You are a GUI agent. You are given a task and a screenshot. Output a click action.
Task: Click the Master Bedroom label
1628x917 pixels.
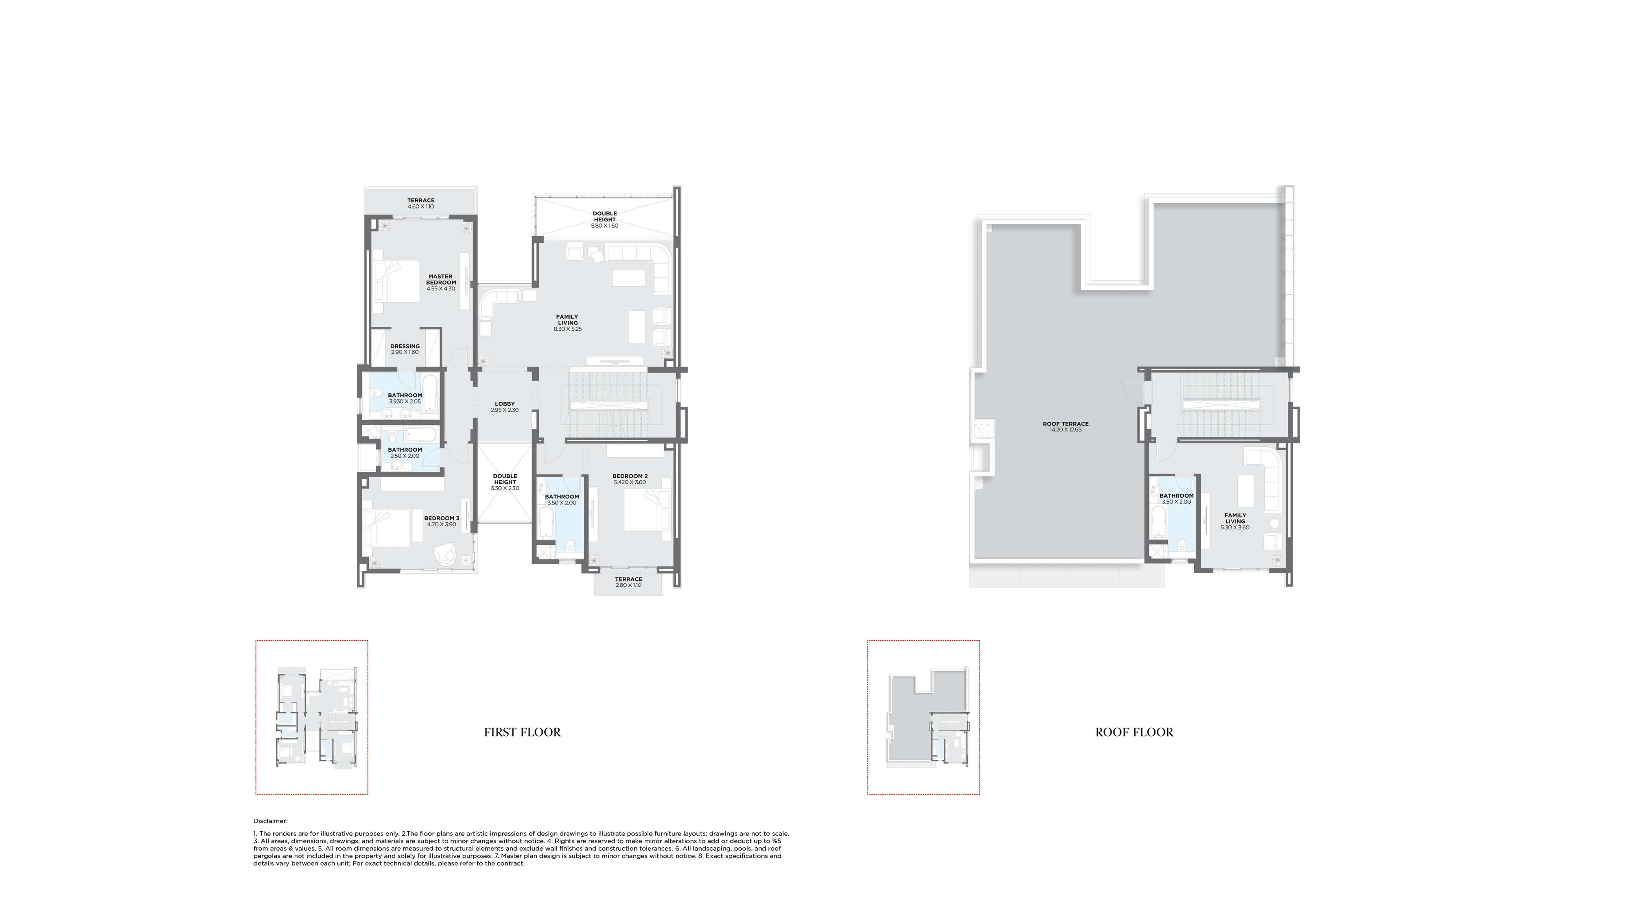tap(440, 279)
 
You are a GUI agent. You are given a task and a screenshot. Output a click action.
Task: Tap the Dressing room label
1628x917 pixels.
tap(405, 347)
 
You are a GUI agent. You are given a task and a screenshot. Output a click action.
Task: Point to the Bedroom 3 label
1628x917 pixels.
tap(441, 518)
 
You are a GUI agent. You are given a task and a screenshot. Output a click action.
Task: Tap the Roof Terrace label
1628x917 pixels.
tap(1066, 424)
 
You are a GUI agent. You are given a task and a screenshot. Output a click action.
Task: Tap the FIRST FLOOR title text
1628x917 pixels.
tap(522, 732)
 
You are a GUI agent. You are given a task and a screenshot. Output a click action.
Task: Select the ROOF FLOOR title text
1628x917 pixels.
tap(1134, 732)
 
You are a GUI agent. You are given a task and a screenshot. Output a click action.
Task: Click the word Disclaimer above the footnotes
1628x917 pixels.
tap(271, 821)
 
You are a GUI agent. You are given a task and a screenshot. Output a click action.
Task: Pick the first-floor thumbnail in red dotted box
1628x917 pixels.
tap(312, 717)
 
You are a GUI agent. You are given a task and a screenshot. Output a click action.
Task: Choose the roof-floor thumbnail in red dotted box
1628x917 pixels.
tap(923, 717)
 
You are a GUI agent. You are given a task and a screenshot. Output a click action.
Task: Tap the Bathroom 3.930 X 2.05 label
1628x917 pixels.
tap(405, 398)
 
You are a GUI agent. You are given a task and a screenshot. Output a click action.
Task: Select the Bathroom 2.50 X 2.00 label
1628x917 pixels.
tap(405, 453)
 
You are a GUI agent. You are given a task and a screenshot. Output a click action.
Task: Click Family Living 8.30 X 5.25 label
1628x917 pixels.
tap(567, 322)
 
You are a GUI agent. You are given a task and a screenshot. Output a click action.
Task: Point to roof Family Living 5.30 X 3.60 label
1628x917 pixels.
tap(1235, 521)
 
